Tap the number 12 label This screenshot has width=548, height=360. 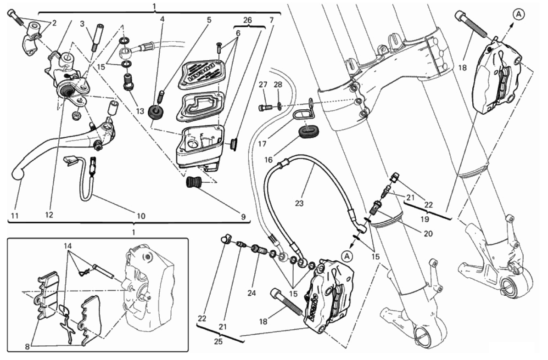click(49, 214)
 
